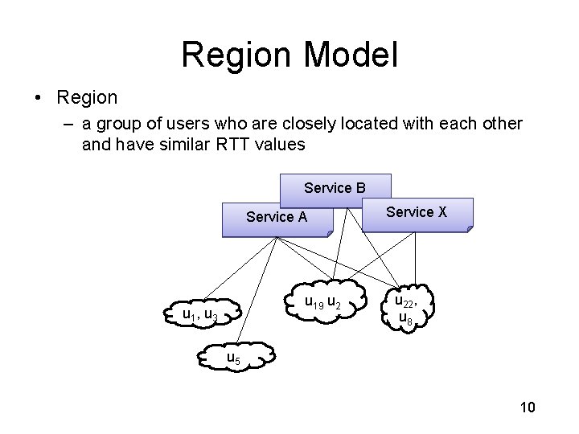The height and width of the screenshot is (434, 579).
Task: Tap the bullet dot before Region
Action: [x=38, y=99]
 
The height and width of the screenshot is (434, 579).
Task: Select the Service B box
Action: [x=335, y=188]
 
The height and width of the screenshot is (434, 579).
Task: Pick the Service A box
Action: [x=276, y=217]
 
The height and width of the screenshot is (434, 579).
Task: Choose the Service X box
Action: [x=417, y=212]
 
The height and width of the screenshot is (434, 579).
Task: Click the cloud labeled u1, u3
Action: [x=199, y=314]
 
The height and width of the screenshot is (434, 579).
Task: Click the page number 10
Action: [x=528, y=408]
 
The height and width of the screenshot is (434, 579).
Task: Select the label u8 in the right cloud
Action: [x=406, y=319]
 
